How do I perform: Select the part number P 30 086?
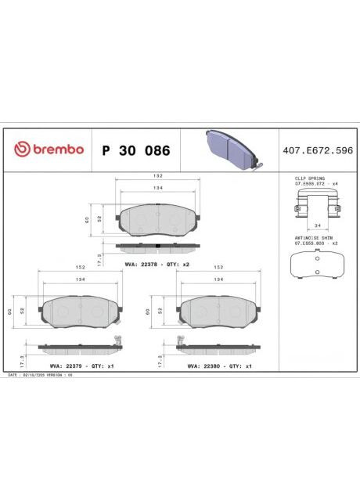(135, 150)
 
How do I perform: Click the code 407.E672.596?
(315, 150)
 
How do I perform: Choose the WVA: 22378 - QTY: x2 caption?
(157, 265)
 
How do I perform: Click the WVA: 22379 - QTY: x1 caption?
(77, 366)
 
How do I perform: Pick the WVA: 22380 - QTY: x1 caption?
(219, 366)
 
